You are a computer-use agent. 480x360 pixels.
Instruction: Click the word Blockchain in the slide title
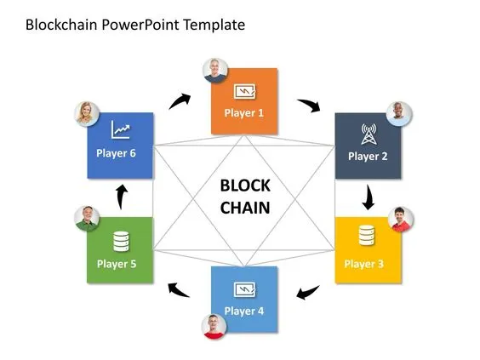(62, 25)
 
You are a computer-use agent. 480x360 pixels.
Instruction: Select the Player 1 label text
(244, 112)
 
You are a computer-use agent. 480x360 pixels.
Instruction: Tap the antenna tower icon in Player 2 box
(368, 134)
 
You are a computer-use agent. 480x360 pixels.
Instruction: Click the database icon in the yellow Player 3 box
(367, 235)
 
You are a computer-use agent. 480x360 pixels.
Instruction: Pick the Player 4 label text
(244, 311)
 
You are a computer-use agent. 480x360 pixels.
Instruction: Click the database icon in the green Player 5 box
(120, 241)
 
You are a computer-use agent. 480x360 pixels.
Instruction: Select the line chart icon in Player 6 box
(120, 130)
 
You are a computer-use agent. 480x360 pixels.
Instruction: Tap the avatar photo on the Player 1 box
(216, 71)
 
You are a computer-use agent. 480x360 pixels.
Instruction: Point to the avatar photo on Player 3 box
(400, 219)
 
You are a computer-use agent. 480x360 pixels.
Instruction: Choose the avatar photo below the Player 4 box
(214, 326)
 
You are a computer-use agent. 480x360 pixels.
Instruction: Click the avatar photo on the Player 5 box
(87, 219)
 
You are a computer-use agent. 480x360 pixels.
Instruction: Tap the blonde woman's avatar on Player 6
(88, 114)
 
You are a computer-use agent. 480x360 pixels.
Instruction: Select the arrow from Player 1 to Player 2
(308, 106)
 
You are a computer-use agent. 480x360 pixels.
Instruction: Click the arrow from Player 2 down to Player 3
(368, 197)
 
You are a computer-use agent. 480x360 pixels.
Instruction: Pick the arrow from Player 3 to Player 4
(307, 294)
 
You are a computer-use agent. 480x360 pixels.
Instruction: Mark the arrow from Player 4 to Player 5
(178, 290)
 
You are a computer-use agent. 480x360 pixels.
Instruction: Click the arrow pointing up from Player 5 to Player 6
(121, 196)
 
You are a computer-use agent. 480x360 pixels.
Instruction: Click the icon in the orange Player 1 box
(244, 89)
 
